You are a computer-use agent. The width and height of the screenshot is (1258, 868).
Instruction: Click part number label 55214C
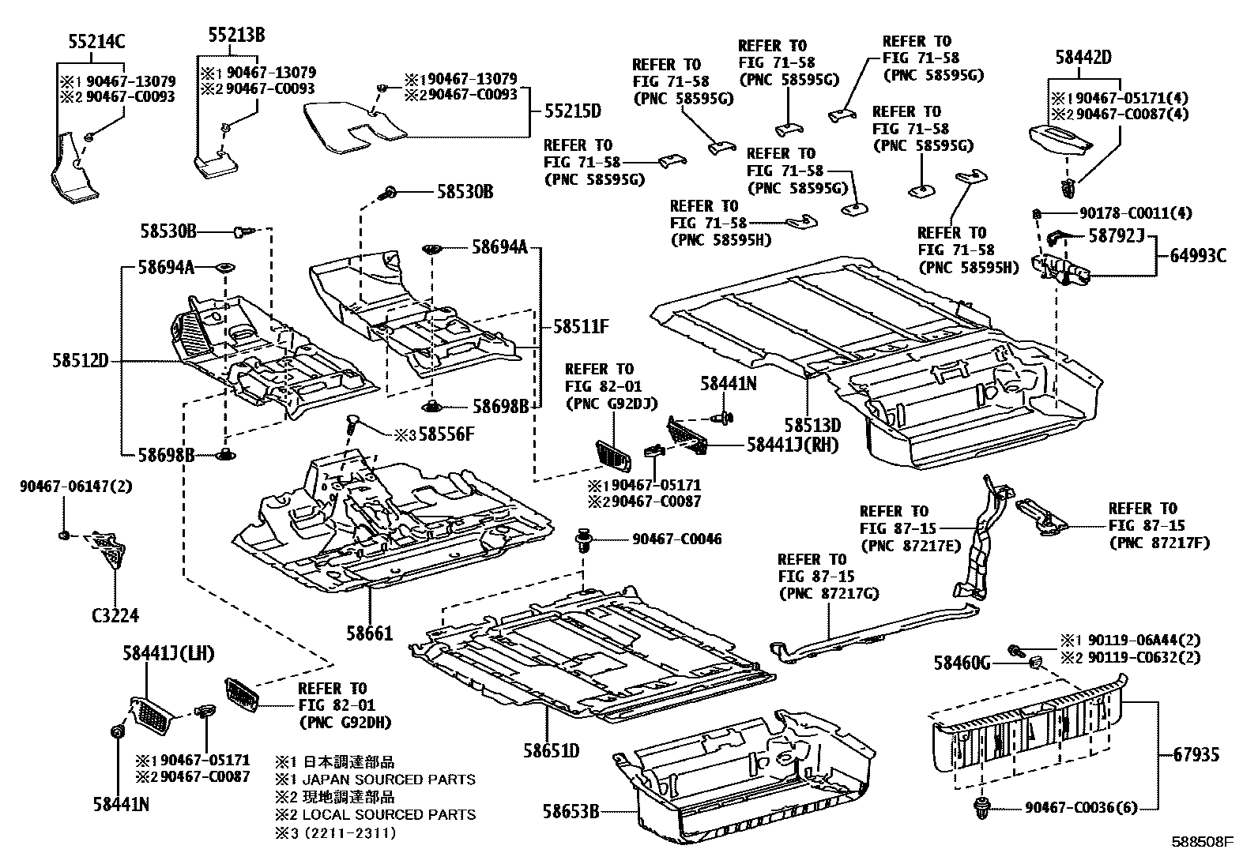[x=94, y=43]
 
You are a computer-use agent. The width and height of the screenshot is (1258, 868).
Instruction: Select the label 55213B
[x=236, y=35]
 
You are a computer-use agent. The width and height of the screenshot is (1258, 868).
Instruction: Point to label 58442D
[x=1083, y=57]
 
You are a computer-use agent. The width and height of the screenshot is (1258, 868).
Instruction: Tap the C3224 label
[x=117, y=616]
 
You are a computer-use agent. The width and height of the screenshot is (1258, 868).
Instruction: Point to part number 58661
[x=370, y=633]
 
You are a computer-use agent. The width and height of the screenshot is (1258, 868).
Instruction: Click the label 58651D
[x=550, y=750]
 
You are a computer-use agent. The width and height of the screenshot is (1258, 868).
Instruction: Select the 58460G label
[x=962, y=663]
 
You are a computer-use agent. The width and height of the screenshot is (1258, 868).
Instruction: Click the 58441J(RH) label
[x=793, y=445]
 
